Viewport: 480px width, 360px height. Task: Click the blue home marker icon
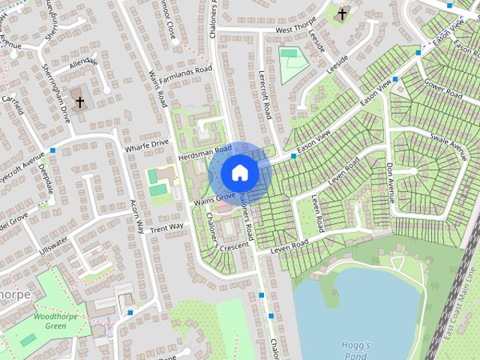pos(240,172)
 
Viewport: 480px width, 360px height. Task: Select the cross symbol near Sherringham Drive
pos(79,101)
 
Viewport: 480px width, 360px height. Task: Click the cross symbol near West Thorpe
pos(342,14)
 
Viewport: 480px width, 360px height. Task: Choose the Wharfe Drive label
pos(149,142)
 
